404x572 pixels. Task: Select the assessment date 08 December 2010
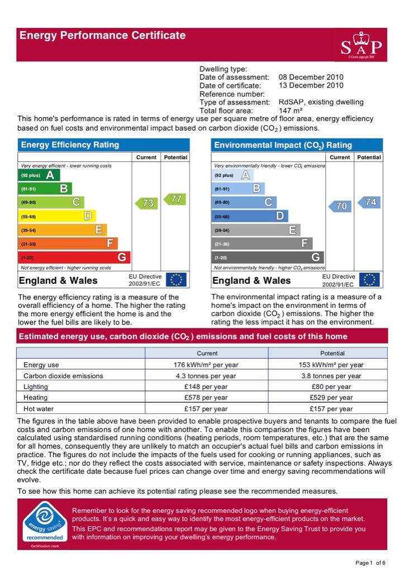[x=311, y=77]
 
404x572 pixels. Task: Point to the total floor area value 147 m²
[x=291, y=111]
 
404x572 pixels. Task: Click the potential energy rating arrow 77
[x=175, y=199]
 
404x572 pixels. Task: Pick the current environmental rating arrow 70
[x=340, y=206]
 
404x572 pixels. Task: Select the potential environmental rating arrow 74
[x=369, y=202]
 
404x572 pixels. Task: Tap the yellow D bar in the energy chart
[x=57, y=216]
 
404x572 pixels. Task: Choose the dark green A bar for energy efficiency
[x=39, y=175]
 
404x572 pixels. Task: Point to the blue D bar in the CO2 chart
[x=250, y=216]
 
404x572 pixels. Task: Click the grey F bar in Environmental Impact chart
[x=262, y=244]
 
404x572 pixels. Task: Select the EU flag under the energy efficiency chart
[x=177, y=280]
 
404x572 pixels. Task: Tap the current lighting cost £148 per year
[x=206, y=387]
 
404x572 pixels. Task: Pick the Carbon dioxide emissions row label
[x=63, y=376]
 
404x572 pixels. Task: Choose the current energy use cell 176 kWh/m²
[x=206, y=365]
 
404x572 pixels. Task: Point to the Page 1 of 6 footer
[x=370, y=563]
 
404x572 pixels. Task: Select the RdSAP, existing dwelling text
[x=321, y=102]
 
